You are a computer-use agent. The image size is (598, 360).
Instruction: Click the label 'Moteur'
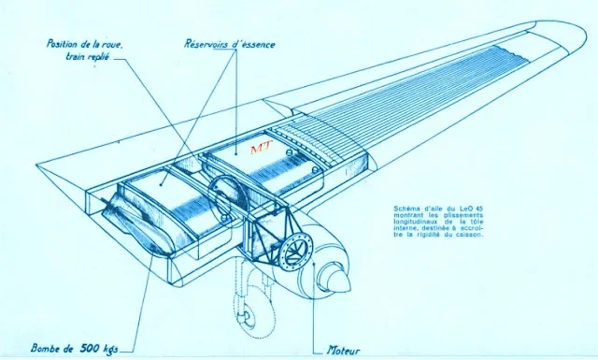343,351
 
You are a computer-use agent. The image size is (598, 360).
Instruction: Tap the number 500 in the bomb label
90,348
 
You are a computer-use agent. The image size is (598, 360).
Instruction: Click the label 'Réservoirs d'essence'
230,44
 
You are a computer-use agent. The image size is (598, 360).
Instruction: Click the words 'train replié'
88,57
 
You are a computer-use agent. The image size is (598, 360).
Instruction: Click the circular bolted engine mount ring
297,250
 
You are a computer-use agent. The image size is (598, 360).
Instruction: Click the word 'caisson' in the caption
471,235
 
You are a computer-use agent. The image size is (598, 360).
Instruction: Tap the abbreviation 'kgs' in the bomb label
111,349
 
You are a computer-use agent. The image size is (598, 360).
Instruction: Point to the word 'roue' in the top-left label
114,44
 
